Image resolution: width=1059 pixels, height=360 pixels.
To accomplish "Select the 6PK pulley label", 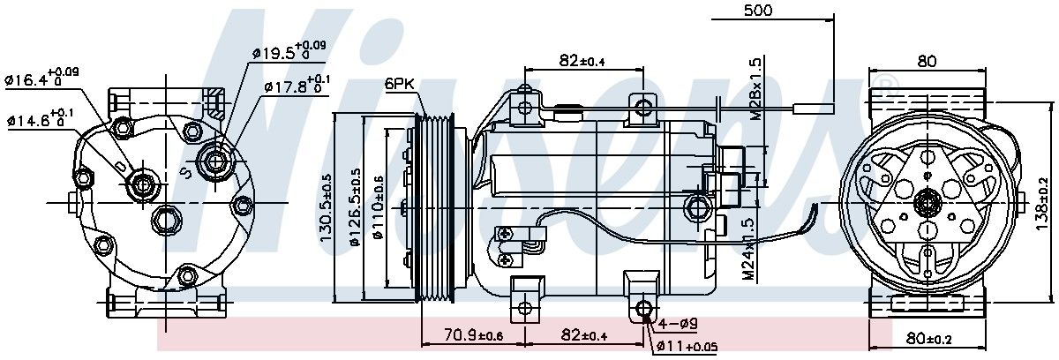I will point(399,85).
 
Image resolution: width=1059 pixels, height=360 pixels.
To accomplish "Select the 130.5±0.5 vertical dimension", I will point(326,206).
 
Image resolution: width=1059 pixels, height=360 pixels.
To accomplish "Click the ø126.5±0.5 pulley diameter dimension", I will point(355,206).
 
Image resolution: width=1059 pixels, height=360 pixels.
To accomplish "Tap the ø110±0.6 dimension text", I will point(378,206).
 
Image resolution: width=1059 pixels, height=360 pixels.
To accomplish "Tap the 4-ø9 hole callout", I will point(679,324).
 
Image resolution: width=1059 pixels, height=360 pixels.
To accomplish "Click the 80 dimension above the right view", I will point(927,62).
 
